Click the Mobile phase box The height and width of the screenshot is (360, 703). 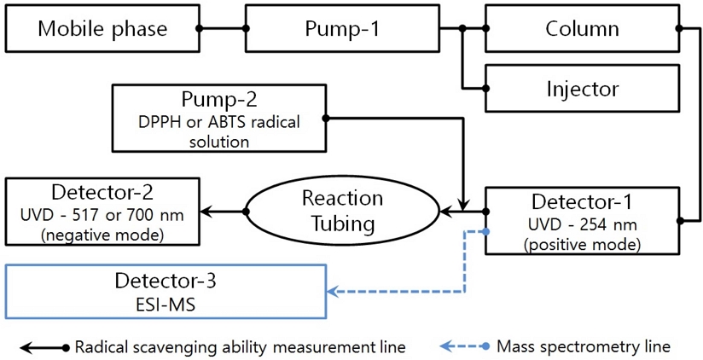coord(102,28)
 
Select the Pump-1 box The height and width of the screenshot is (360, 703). coord(340,28)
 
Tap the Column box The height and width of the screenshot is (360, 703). coord(582,28)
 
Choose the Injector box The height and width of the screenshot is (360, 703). coord(582,88)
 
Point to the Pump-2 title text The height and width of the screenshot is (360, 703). coord(218,99)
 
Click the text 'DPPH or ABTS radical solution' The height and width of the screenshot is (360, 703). coord(218,131)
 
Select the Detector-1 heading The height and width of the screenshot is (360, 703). coord(582,202)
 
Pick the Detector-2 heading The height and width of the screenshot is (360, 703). coord(102,191)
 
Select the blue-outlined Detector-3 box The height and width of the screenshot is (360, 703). coord(166,292)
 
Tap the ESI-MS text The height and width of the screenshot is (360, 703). coord(166,304)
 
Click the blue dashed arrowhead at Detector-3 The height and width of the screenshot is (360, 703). coord(334,293)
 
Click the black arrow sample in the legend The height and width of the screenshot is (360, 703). coord(43,347)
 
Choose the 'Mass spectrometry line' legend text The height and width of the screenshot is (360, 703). coord(584,346)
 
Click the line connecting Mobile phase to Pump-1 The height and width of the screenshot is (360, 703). coord(223,28)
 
